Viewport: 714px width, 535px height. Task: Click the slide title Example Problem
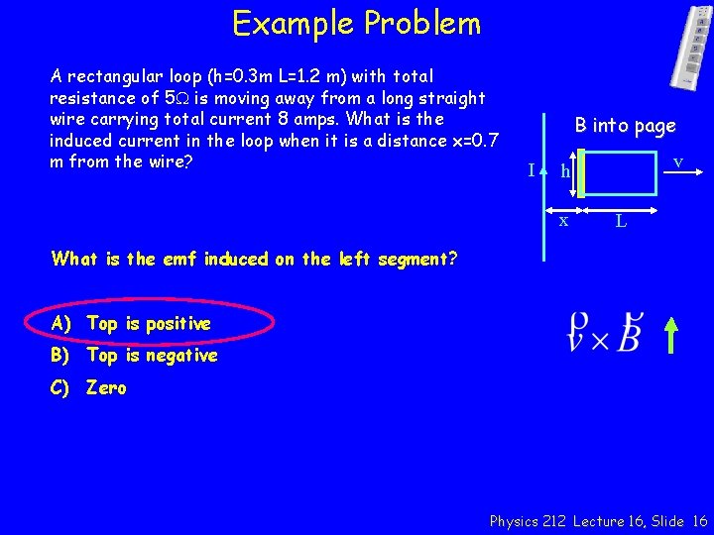pos(356,23)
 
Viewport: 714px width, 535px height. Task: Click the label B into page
pos(625,125)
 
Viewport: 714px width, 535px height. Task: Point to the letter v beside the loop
pos(677,160)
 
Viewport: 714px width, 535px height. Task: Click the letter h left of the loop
pos(565,172)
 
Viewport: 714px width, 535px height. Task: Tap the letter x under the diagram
pos(563,220)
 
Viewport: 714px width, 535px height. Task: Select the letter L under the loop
pos(620,221)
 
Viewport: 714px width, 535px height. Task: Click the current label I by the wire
pos(532,170)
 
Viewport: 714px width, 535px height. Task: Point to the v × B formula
pos(605,333)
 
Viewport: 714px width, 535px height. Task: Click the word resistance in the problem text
pos(92,98)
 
